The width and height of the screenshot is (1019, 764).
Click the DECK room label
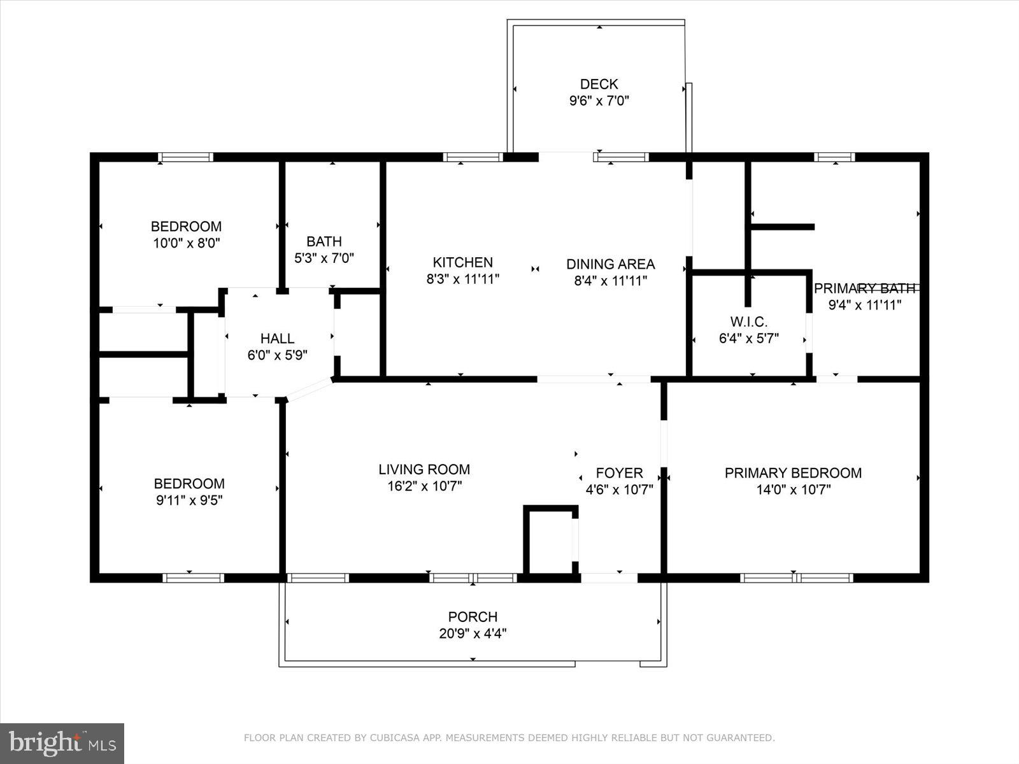click(x=599, y=84)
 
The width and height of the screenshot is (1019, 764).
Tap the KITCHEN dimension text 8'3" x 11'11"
click(x=462, y=279)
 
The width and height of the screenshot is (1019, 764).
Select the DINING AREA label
click(x=610, y=264)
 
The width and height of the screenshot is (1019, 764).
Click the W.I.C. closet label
click(x=748, y=322)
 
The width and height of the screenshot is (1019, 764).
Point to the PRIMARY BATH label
click(x=864, y=288)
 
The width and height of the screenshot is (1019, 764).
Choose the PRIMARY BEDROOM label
click(x=793, y=473)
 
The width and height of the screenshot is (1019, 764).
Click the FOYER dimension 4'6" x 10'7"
click(x=619, y=490)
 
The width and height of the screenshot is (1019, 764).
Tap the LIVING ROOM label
click(x=424, y=469)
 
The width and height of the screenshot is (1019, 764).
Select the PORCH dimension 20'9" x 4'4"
click(x=473, y=633)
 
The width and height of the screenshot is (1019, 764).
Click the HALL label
click(x=277, y=339)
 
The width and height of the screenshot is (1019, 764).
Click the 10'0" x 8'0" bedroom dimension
click(x=186, y=243)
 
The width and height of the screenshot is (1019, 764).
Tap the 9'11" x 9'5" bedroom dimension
click(x=189, y=500)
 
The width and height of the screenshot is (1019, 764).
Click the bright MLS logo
click(x=62, y=743)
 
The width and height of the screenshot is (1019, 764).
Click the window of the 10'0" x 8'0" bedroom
click(x=185, y=157)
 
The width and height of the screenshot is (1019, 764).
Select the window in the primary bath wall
click(x=834, y=157)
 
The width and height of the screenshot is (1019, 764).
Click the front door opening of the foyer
click(x=609, y=578)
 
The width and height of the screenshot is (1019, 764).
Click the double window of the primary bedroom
click(x=796, y=578)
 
